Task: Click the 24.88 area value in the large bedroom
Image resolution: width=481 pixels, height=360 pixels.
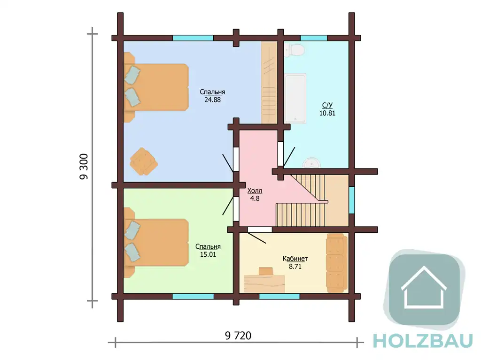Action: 212,100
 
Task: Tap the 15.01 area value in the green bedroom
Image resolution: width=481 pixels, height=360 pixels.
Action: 208,254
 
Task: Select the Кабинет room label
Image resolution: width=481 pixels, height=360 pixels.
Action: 295,259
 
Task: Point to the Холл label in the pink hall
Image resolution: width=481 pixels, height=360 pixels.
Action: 255,191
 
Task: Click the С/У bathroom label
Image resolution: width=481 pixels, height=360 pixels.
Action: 327,105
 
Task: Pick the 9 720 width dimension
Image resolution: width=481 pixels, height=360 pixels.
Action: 238,336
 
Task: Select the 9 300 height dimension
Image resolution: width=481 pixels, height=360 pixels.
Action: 84,167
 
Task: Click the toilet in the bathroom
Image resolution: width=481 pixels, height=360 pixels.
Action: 294,50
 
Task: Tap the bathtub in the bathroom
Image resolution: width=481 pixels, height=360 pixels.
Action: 295,99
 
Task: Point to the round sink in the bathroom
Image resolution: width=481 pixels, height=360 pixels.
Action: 312,163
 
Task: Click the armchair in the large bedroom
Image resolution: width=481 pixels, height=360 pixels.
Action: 143,161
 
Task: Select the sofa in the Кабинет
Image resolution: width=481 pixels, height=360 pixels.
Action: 337,263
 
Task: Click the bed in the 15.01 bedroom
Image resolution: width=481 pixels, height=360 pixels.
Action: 156,243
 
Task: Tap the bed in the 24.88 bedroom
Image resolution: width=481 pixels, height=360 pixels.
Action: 156,87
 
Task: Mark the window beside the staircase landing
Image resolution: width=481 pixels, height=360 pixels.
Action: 351,200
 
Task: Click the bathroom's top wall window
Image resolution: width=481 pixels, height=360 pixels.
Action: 313,38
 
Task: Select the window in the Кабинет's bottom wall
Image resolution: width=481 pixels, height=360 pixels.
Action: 279,296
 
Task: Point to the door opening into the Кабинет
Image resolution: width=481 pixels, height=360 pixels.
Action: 259,230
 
